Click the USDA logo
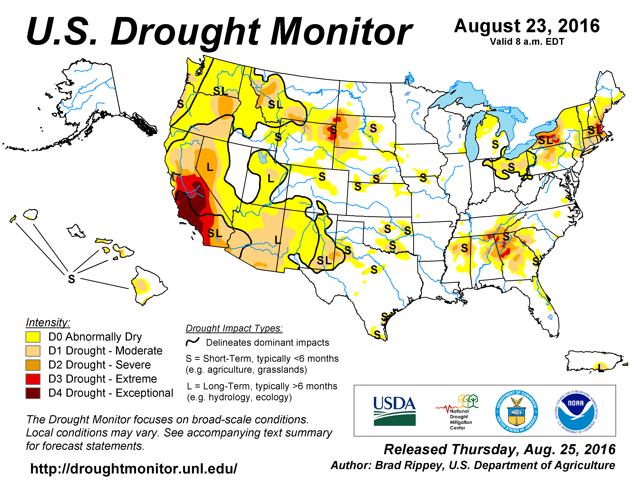(x=395, y=411)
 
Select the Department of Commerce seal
(x=517, y=411)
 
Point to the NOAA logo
(x=576, y=411)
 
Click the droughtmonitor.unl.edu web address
(x=134, y=469)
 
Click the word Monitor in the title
(x=341, y=32)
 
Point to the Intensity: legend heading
(x=48, y=322)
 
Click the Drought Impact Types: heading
(x=234, y=328)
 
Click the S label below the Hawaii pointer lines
(x=71, y=279)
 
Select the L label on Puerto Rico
(x=600, y=367)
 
